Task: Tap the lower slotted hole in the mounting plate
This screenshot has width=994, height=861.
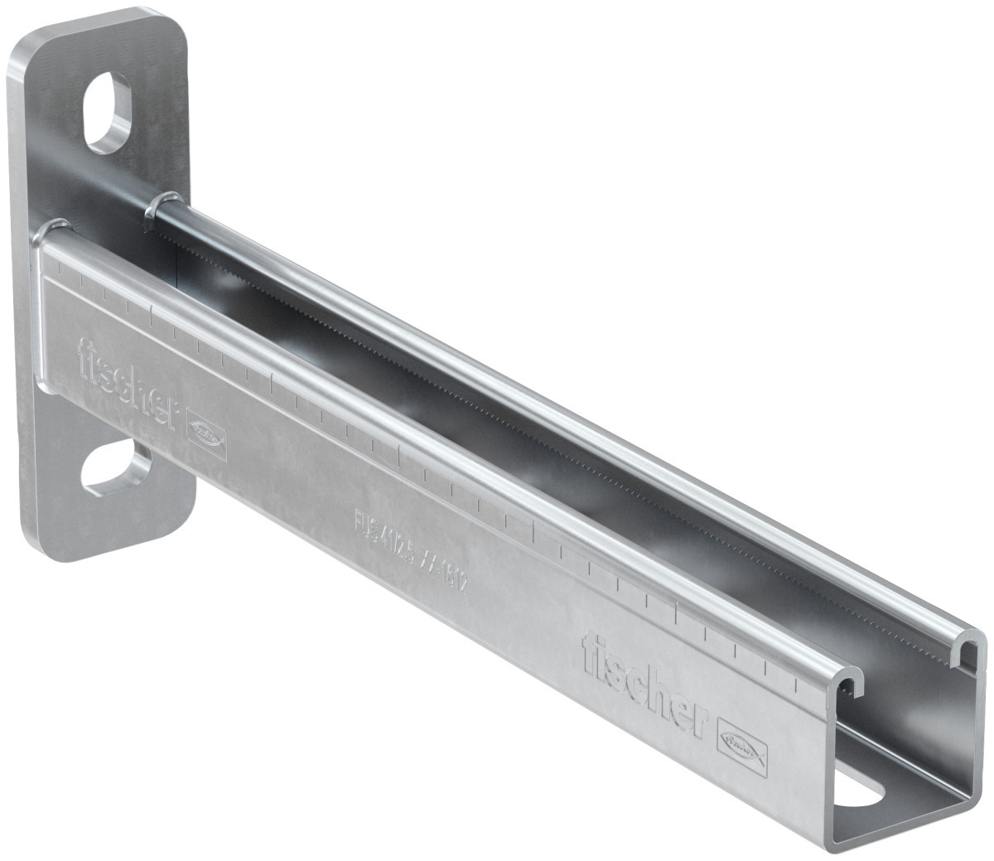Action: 115,469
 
